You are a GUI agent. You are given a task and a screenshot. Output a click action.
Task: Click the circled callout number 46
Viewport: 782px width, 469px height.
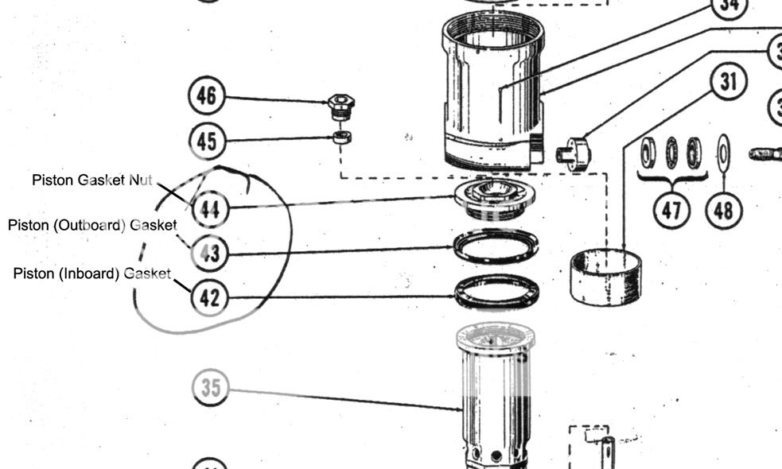pos(206,96)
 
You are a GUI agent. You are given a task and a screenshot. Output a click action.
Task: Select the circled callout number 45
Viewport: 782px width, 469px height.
pos(206,141)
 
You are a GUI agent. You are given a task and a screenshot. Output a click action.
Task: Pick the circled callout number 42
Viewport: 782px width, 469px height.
pos(209,298)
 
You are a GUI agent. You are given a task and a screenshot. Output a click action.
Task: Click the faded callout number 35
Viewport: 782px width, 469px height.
pos(211,388)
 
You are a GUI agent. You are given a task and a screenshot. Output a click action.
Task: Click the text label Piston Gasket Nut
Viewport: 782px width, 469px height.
pos(91,180)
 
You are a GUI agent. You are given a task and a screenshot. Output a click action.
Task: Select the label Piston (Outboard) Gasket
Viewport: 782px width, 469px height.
pos(92,225)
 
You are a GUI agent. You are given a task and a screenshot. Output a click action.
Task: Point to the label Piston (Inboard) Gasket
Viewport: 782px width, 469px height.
pos(91,273)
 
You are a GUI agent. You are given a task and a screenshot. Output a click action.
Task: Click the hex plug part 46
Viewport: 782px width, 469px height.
pos(341,104)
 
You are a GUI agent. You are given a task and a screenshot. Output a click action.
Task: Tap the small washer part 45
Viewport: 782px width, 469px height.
pos(343,138)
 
